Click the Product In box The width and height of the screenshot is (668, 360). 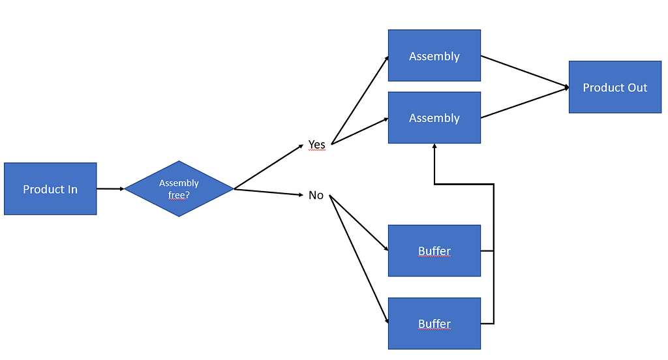50,189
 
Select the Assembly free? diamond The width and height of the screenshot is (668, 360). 179,188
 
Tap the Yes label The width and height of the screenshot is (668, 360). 316,144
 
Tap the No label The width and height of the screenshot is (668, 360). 316,195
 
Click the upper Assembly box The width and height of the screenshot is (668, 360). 434,56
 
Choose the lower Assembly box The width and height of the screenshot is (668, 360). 434,118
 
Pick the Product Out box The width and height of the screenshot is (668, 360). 615,87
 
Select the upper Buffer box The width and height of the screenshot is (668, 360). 434,251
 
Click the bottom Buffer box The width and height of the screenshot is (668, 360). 434,323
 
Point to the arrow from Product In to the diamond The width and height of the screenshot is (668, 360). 110,188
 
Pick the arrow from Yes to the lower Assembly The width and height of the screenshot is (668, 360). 360,131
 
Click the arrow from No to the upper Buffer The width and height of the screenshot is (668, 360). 359,224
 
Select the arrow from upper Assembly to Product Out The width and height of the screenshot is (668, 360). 524,71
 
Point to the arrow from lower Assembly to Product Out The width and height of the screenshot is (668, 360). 524,102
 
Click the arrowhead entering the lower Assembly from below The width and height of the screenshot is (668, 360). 434,147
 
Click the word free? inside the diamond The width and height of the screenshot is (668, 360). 179,194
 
